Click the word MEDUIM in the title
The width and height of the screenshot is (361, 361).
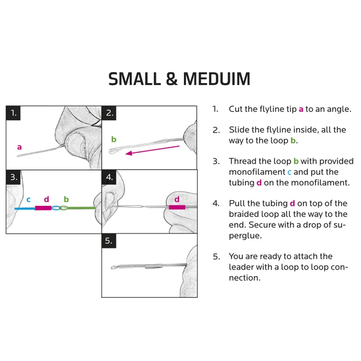click(x=217, y=79)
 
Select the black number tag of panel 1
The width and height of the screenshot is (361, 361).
click(x=14, y=113)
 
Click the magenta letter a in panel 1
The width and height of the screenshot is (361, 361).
click(x=19, y=147)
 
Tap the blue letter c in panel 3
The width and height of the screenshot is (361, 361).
click(x=28, y=199)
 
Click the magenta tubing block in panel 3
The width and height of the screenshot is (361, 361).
click(x=43, y=208)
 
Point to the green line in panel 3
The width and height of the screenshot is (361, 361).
click(x=81, y=208)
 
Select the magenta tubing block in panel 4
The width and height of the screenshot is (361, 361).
click(x=177, y=208)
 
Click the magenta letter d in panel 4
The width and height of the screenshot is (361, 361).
click(x=177, y=199)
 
